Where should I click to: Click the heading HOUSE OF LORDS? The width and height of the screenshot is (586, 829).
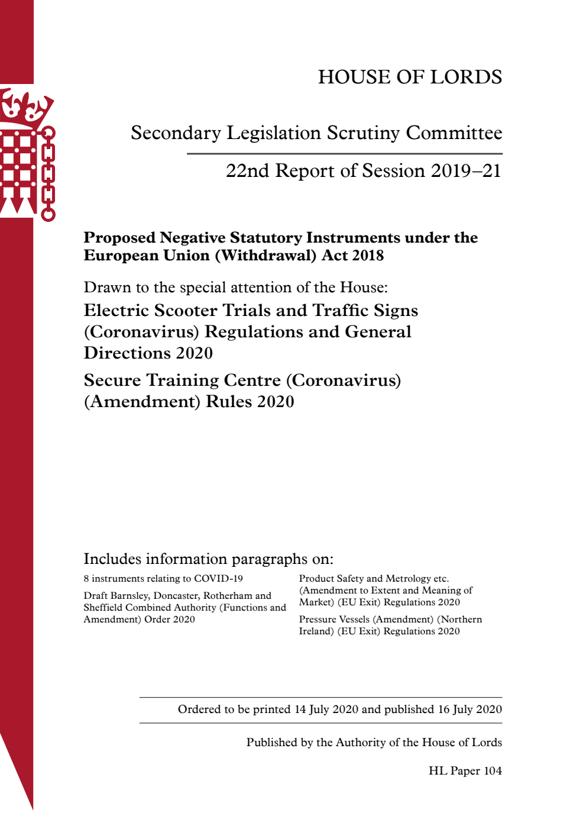[410, 77]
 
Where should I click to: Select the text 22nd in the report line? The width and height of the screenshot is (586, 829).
[247, 170]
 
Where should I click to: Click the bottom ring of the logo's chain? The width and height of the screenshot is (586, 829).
[48, 214]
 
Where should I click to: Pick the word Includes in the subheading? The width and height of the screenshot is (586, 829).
[112, 559]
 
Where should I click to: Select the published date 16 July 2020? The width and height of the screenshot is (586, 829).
[470, 709]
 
